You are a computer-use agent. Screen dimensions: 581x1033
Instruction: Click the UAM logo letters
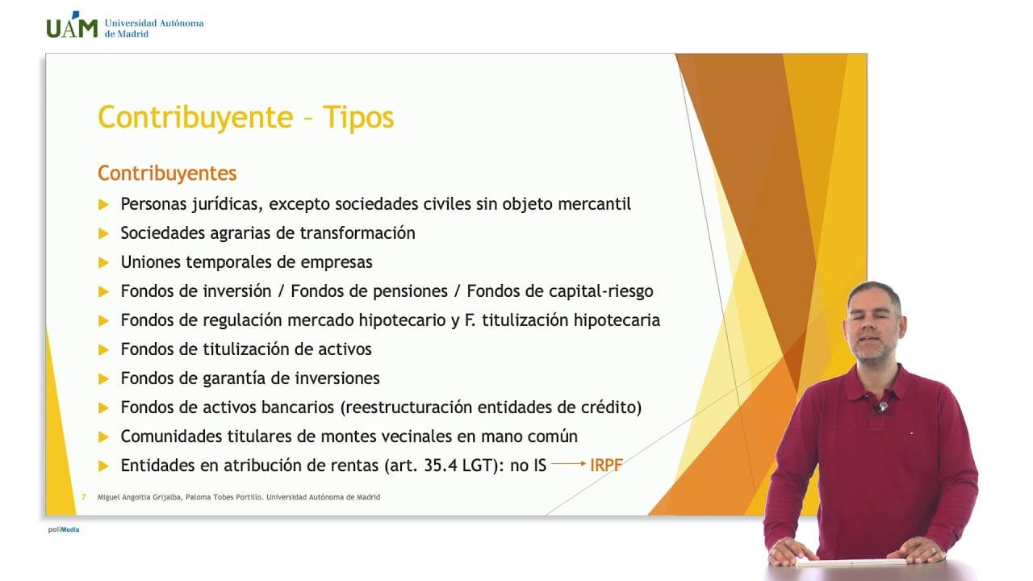[72, 27]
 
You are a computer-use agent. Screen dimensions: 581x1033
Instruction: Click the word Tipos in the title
[358, 118]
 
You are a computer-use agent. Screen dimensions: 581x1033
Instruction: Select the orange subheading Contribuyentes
[167, 173]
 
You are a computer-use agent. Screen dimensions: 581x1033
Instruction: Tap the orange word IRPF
[606, 466]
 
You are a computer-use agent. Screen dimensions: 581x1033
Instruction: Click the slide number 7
[84, 497]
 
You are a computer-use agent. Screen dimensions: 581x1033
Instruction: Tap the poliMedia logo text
[63, 529]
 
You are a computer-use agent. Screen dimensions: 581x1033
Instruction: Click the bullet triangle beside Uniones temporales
[103, 263]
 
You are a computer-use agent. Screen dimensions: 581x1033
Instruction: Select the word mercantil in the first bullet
[594, 204]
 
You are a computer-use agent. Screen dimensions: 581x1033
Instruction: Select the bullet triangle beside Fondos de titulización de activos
[103, 350]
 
